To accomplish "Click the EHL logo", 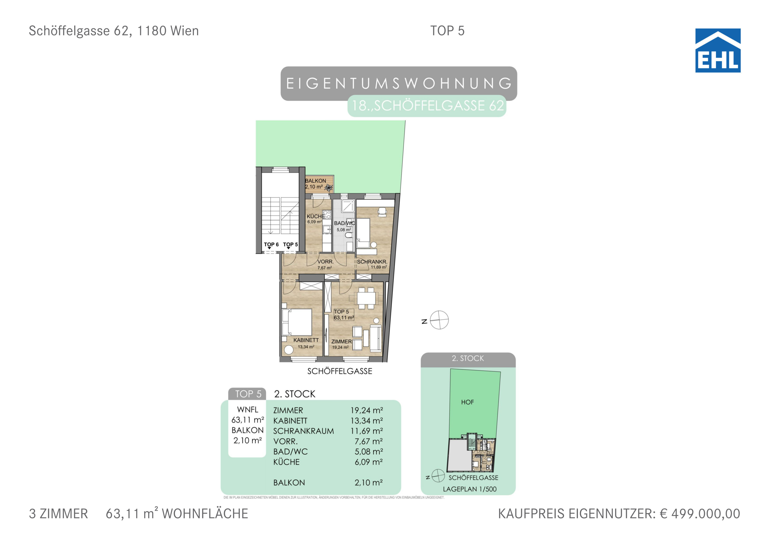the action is [x=718, y=51].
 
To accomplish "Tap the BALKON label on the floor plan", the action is [x=315, y=181].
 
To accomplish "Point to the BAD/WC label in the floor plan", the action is [x=344, y=223].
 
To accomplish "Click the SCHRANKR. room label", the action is [x=372, y=262].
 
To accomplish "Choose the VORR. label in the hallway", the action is [x=325, y=262].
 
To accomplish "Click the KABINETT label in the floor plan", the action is [x=306, y=340].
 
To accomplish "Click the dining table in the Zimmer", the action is [x=366, y=298].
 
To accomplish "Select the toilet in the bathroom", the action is [x=349, y=235].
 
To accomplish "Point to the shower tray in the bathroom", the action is [x=348, y=206].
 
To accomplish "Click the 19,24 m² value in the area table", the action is [x=367, y=410].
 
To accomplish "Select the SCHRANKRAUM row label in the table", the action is [x=303, y=431].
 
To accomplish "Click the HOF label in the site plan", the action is [x=468, y=402].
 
